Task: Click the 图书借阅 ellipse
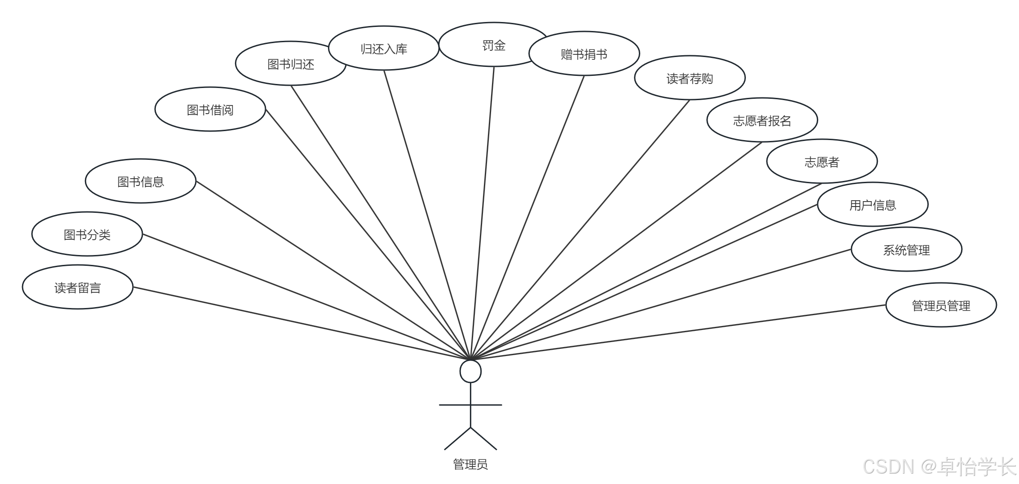point(210,109)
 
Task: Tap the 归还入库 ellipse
point(384,48)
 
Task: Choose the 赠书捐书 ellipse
point(584,53)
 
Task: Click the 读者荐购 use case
point(690,78)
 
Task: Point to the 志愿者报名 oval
point(762,120)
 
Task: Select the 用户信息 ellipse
point(873,204)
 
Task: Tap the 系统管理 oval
point(906,249)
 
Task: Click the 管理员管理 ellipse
point(941,305)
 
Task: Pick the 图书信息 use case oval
point(141,181)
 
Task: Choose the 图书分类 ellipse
point(87,234)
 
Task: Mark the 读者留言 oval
point(78,287)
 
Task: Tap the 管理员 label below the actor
point(470,464)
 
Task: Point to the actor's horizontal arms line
point(470,405)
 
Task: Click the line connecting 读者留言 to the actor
point(301,323)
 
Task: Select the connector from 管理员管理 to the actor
point(678,333)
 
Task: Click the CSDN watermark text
point(939,467)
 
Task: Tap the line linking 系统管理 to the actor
point(661,305)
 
